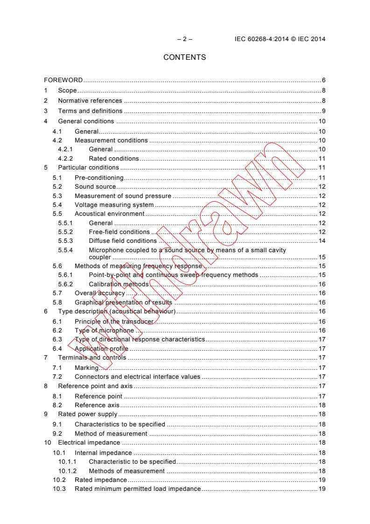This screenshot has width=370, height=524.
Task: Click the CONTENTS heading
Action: pyautogui.click(x=185, y=57)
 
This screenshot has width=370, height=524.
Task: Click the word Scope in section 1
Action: pyautogui.click(x=67, y=91)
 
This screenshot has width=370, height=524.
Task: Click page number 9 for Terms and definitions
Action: pyautogui.click(x=323, y=111)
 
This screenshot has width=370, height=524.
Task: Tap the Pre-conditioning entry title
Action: pyautogui.click(x=98, y=177)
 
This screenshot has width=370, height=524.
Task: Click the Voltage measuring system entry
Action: pyautogui.click(x=114, y=205)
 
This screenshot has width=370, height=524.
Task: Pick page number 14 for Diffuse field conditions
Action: pyautogui.click(x=322, y=241)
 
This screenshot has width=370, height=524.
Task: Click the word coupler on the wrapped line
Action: pyautogui.click(x=100, y=257)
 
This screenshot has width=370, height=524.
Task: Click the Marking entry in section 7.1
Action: pyautogui.click(x=86, y=368)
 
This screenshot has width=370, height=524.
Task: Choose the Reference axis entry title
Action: pyautogui.click(x=97, y=405)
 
